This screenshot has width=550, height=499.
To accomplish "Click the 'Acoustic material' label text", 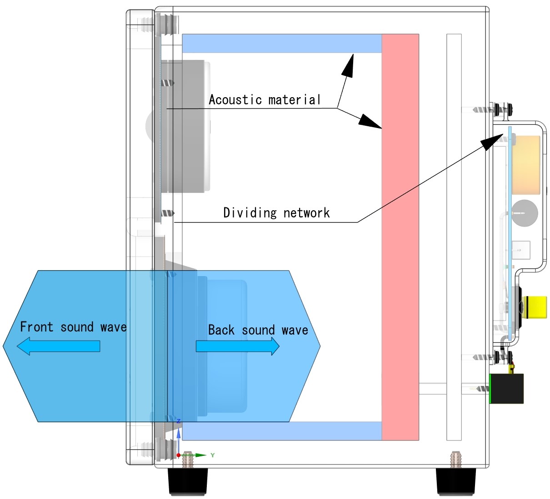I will point(265,100).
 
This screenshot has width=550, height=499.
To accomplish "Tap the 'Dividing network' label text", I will point(276,212).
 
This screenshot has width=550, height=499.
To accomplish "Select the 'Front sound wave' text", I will point(73,327).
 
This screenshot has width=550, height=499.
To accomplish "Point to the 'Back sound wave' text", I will point(258,330).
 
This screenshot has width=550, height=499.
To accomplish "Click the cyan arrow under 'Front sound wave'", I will point(58,346).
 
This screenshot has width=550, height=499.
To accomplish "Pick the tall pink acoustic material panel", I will point(400,236).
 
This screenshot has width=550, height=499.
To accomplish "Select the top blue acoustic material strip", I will point(282,43).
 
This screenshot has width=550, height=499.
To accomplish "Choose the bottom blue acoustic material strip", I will point(282,431).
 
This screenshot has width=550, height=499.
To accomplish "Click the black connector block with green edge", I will point(506,389).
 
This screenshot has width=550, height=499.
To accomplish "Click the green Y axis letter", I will point(212,455).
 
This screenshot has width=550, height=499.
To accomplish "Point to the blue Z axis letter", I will point(179,421).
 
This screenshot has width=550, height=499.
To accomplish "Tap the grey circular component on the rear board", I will point(525,213).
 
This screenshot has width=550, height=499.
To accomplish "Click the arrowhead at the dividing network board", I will point(492,141).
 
